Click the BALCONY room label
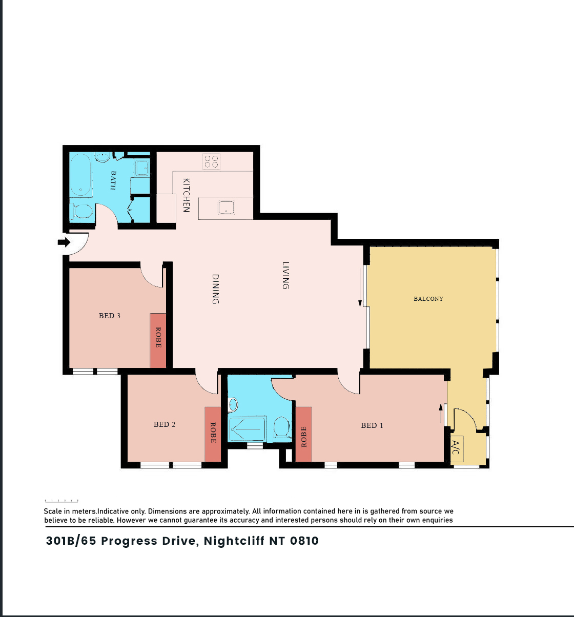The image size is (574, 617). tap(428, 299)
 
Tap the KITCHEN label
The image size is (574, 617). tap(186, 195)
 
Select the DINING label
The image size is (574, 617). tap(215, 289)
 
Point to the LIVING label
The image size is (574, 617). tap(285, 276)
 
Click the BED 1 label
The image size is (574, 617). tap(372, 425)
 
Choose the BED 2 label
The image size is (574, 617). tap(165, 424)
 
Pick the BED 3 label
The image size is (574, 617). tap(109, 316)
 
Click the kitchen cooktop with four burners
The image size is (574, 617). tap(211, 161)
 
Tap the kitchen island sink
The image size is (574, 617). tap(226, 208)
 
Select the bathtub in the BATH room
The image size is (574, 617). tap(81, 175)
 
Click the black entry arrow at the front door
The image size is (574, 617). tap(64, 242)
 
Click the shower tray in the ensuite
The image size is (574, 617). tap(248, 429)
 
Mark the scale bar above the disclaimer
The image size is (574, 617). tap(61, 501)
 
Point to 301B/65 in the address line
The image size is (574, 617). tap(71, 541)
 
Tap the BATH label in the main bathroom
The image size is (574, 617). tap(113, 180)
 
